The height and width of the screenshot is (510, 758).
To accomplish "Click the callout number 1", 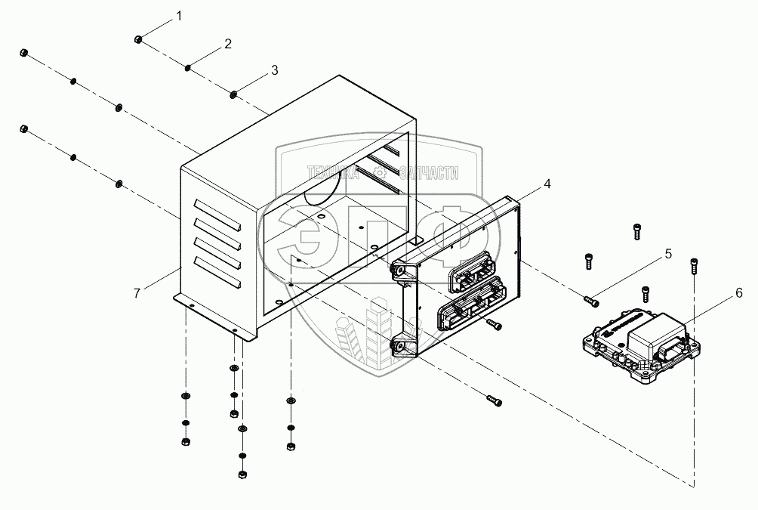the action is click(179, 15).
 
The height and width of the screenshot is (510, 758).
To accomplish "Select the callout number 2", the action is click(227, 45).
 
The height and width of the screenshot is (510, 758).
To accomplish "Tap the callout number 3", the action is click(274, 70).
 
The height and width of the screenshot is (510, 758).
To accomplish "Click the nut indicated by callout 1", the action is click(136, 39).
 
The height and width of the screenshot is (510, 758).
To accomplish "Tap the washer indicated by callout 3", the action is click(233, 94).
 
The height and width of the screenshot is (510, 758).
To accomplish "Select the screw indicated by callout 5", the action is click(592, 301).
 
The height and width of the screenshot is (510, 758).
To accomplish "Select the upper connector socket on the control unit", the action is click(470, 270).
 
